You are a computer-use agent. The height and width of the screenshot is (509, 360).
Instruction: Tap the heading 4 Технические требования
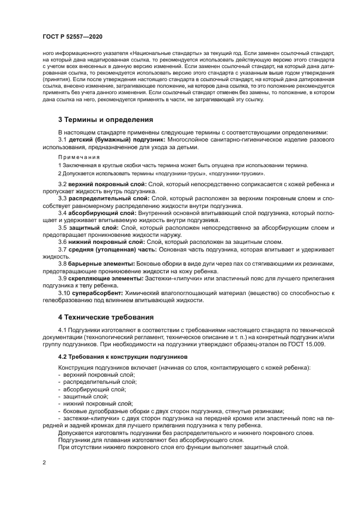pos(106,316)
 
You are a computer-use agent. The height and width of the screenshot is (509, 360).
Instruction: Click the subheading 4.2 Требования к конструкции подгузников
pos(123,356)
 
